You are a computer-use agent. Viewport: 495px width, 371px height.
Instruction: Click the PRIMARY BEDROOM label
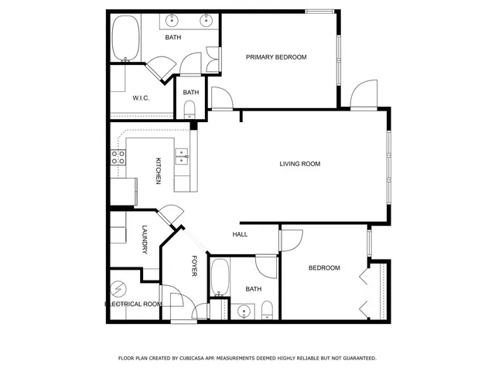coord(276,57)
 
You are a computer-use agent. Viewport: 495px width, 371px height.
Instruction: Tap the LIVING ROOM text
coord(299,164)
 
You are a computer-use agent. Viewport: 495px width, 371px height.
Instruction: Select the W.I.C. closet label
coord(141,98)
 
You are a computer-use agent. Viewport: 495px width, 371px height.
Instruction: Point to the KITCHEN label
coord(159,171)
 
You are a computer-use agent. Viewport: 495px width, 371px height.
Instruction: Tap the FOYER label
coord(195,267)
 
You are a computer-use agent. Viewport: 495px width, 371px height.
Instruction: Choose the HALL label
coord(240,234)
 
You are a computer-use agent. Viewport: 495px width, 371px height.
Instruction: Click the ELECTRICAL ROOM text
coord(133,305)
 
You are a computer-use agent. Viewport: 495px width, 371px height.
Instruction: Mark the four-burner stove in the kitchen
coord(118,159)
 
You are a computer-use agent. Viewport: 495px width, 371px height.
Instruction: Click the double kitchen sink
coord(182,157)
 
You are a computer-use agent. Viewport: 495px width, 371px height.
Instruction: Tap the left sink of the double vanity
coord(171,21)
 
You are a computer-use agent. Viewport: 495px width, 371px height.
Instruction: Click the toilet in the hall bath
coord(267,311)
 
